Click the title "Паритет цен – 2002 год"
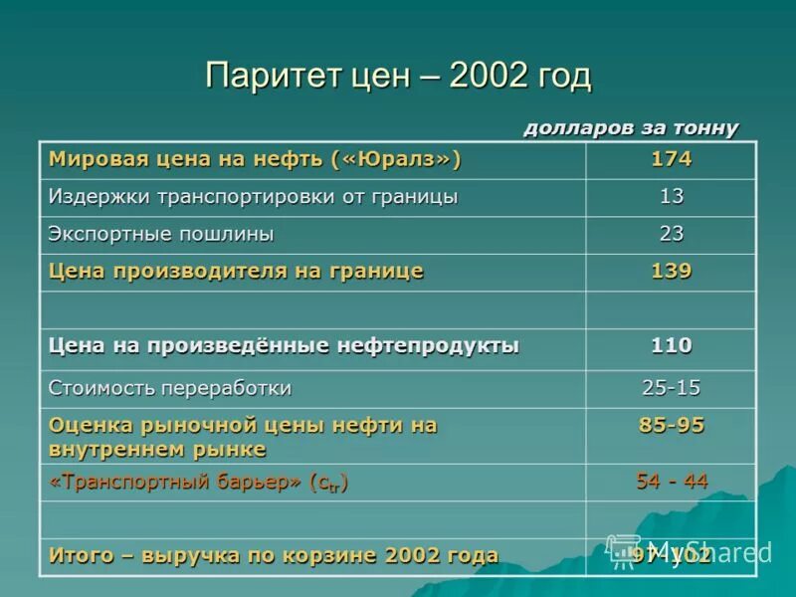398,76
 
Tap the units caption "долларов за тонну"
631,127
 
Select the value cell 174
671,159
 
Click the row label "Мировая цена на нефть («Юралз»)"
256,159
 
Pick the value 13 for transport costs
671,196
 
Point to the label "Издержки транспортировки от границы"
254,196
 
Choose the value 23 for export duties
671,234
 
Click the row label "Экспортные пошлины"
161,234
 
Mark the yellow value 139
671,271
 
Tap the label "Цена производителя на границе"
237,271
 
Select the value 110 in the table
671,345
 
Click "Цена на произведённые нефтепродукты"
284,345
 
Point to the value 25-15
671,387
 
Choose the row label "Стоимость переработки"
170,387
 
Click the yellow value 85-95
671,425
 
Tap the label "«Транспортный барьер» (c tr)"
198,483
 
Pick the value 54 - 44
671,482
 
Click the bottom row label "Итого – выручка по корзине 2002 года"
274,555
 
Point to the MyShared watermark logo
693,551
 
